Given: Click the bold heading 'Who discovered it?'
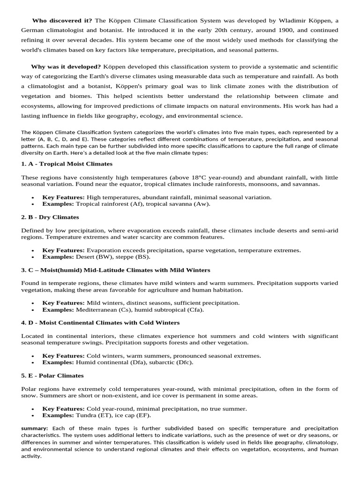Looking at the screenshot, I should point(62,20).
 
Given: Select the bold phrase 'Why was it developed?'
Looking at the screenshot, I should point(66,67).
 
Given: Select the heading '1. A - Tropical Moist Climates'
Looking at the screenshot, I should point(67,164).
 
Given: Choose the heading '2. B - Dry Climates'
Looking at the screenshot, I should point(50,217).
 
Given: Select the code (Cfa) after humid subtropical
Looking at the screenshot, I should point(195,310).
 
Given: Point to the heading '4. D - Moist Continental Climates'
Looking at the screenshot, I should point(100,323).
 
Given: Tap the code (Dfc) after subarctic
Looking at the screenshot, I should point(183,362).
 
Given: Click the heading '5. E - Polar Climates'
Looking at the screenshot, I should point(52,375).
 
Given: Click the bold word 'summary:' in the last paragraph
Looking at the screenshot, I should point(35,428).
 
